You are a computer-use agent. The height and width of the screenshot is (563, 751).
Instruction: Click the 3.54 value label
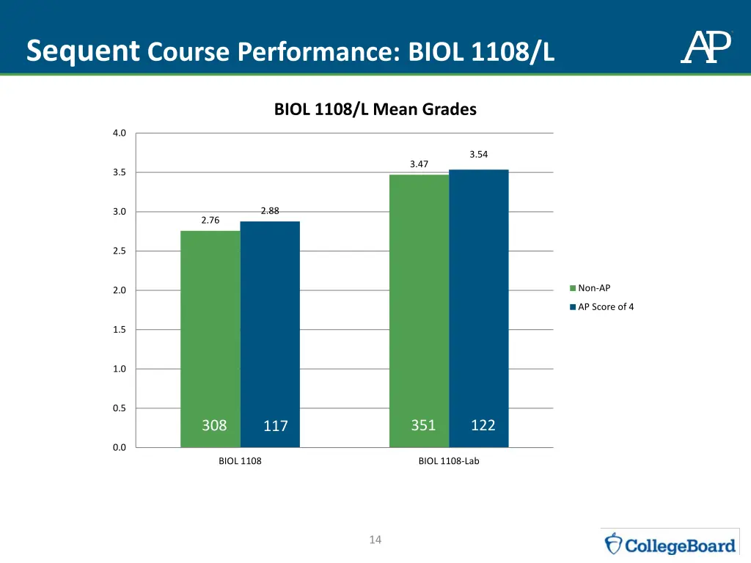pos(479,154)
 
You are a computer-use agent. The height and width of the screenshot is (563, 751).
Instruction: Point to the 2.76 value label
pos(210,220)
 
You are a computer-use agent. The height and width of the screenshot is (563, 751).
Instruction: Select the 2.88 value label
pos(270,211)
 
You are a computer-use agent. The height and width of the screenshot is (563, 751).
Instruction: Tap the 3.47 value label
pos(419,164)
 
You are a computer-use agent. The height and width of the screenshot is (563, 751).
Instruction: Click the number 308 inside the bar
pos(214,425)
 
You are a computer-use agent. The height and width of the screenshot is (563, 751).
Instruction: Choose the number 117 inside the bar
pos(276,426)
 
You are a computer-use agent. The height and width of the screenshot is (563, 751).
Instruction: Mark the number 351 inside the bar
pos(423,425)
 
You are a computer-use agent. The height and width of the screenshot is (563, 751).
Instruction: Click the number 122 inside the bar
pos(483,425)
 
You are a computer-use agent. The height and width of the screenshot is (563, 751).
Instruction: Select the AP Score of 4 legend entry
pos(605,306)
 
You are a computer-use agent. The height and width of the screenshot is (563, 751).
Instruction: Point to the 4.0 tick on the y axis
pos(120,133)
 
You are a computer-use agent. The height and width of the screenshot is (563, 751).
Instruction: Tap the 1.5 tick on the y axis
pos(120,330)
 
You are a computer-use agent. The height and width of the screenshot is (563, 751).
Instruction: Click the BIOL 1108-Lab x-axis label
pos(449,461)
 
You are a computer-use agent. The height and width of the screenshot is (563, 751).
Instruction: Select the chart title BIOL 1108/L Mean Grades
pos(375,110)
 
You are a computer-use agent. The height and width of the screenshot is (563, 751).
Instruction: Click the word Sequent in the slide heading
pos(82,51)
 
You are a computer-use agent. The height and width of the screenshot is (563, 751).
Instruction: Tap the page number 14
pos(375,540)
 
